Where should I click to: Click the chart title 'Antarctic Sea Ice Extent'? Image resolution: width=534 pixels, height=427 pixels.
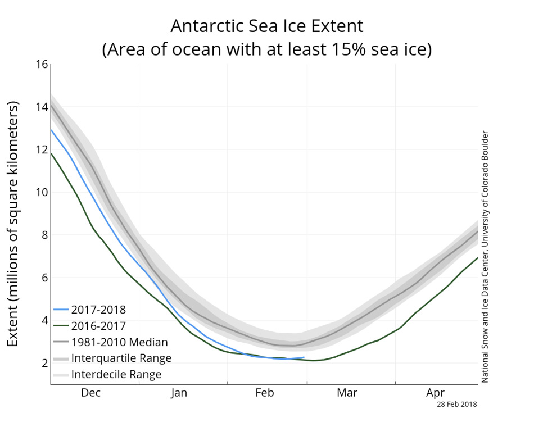click(267, 26)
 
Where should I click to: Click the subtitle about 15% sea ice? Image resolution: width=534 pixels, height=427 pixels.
click(267, 49)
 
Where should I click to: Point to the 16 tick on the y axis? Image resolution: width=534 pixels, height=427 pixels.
click(41, 64)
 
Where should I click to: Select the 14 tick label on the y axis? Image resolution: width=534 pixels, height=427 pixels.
click(41, 107)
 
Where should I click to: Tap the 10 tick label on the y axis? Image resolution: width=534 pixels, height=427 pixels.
click(41, 192)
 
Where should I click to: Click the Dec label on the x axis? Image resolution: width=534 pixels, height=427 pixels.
click(90, 393)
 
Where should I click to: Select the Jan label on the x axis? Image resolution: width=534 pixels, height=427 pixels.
click(179, 393)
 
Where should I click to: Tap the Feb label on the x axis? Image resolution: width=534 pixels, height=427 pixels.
click(264, 393)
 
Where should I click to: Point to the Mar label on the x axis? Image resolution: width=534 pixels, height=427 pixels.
click(347, 393)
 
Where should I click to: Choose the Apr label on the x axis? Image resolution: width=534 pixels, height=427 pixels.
click(436, 393)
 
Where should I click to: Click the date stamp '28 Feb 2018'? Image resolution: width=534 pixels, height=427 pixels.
click(457, 403)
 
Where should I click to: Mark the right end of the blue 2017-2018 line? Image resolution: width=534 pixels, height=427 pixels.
click(304, 357)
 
